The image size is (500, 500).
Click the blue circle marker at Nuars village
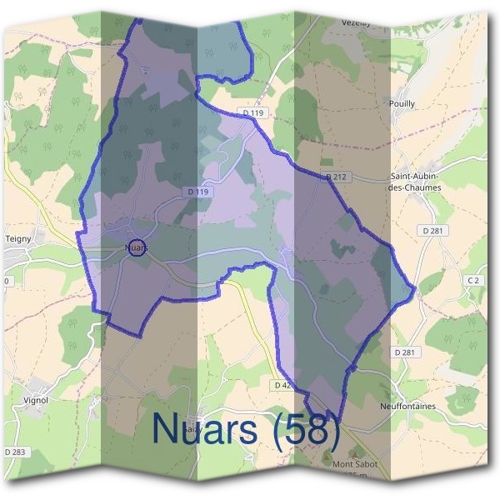tap(137, 247)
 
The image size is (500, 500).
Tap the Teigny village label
tap(18, 238)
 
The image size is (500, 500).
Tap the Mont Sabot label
tap(355, 463)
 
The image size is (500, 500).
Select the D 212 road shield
tap(336, 177)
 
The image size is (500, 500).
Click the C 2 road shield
tap(474, 281)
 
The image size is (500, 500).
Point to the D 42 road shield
tap(282, 385)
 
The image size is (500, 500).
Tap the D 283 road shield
tap(14, 452)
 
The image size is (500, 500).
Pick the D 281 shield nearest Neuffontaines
tap(403, 352)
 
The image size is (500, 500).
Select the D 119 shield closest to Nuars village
tap(197, 192)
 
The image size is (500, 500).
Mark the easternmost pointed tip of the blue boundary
tap(414, 291)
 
